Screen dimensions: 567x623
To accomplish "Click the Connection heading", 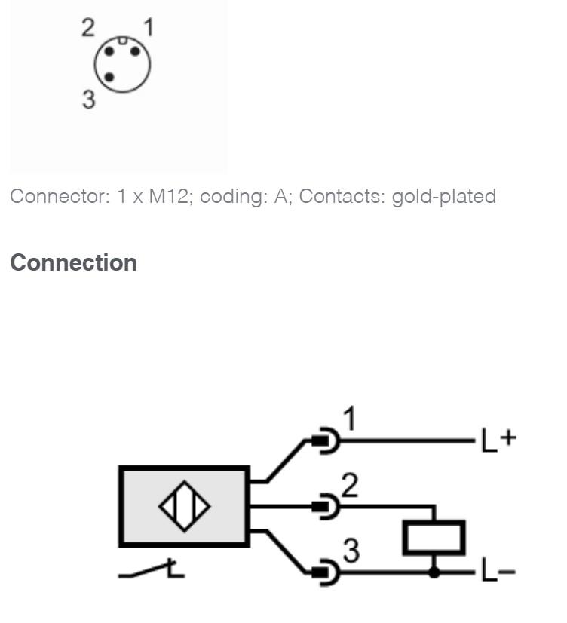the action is pyautogui.click(x=73, y=263).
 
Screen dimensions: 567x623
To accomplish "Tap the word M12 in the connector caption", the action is pyautogui.click(x=168, y=196).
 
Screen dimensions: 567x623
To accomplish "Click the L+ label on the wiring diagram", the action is pyautogui.click(x=498, y=440).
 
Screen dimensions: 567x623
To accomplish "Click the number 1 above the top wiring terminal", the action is pyautogui.click(x=349, y=419).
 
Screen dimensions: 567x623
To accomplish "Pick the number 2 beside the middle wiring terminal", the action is pyautogui.click(x=349, y=485).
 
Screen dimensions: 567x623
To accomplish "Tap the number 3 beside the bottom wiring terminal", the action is pyautogui.click(x=351, y=551).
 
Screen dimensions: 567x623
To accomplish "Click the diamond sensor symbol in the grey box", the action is pyautogui.click(x=184, y=506).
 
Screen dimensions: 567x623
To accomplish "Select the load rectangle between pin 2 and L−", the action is pyautogui.click(x=434, y=537).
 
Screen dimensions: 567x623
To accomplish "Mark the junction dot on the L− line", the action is pyautogui.click(x=434, y=572).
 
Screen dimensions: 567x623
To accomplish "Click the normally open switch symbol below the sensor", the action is pyautogui.click(x=152, y=569).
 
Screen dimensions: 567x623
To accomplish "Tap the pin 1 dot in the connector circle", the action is pyautogui.click(x=136, y=51).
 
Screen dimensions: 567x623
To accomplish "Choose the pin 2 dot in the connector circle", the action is pyautogui.click(x=109, y=51).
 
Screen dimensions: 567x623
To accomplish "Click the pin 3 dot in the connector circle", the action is pyautogui.click(x=109, y=78).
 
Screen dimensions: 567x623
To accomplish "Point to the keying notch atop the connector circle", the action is pyautogui.click(x=123, y=40).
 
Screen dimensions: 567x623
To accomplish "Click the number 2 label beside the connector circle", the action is pyautogui.click(x=88, y=28).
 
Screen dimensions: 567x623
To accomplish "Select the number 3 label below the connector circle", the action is pyautogui.click(x=89, y=99).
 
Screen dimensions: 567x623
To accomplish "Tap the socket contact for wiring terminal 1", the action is pyautogui.click(x=326, y=440).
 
